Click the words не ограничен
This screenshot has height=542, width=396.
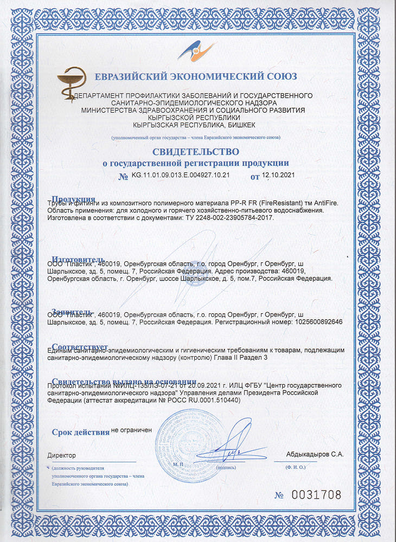(131, 430)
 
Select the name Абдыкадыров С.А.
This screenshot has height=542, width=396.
(315, 454)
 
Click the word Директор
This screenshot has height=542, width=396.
(62, 455)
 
